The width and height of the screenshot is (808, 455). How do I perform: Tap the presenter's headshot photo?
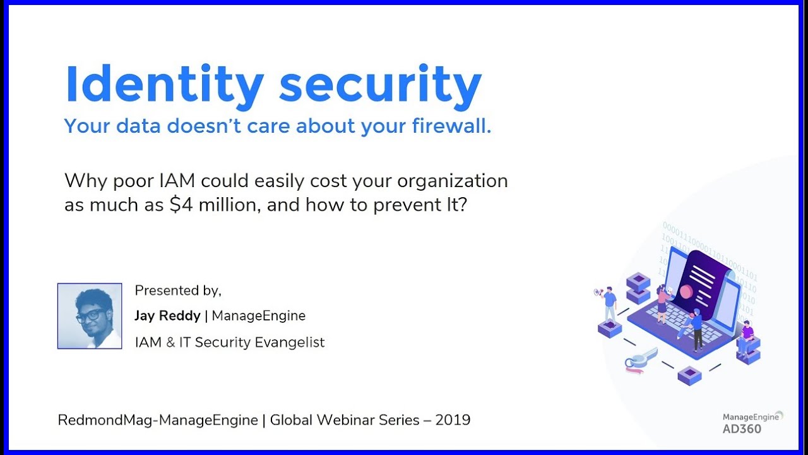(x=90, y=316)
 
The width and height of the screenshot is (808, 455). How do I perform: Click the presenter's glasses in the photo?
(x=91, y=315)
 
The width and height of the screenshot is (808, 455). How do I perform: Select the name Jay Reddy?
(x=167, y=315)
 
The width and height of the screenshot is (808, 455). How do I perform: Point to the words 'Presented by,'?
(x=178, y=291)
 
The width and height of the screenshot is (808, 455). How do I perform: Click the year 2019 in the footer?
(x=453, y=420)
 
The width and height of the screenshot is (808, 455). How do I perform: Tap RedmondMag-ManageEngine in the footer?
(x=158, y=420)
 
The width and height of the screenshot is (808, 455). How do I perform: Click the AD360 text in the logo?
(x=742, y=429)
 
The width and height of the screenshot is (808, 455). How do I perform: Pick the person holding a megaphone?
(x=609, y=303)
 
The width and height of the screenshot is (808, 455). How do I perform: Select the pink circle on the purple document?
(x=686, y=292)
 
